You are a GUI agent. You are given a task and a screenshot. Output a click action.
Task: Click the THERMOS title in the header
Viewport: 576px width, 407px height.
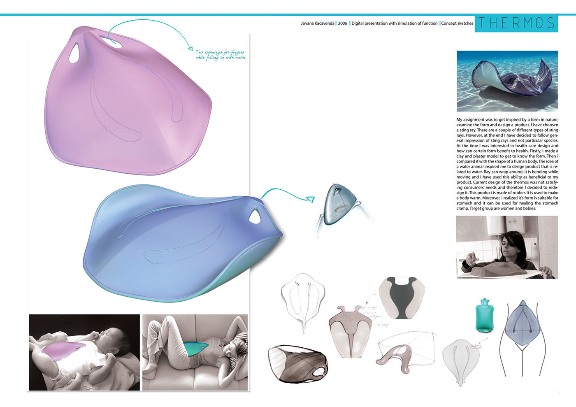point(516,23)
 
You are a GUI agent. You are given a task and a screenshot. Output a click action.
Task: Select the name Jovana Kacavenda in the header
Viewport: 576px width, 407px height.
point(317,23)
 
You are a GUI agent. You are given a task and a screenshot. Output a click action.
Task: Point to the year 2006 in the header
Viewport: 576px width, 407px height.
point(342,23)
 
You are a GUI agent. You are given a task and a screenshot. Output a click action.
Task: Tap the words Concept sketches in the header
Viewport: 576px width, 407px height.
point(457,23)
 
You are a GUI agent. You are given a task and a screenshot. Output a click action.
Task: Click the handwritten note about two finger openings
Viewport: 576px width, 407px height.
point(221,55)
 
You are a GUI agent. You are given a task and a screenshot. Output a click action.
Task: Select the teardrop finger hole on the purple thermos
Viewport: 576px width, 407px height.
point(74,53)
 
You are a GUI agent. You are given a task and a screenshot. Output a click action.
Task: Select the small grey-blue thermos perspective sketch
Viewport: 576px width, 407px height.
point(340,204)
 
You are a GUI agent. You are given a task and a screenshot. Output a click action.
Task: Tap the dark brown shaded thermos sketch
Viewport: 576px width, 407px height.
point(297,363)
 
